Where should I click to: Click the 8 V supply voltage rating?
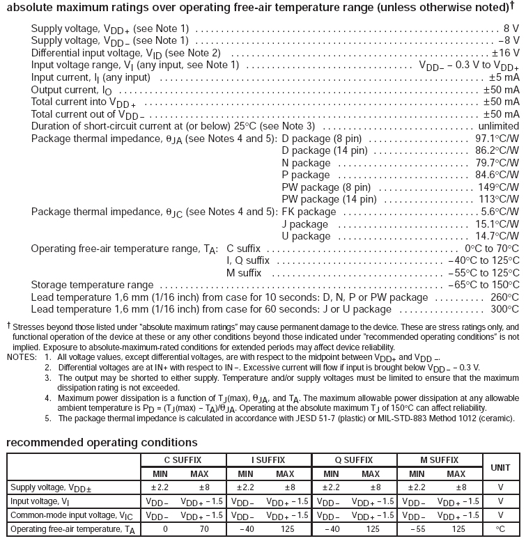pos(511,29)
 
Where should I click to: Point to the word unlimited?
pos(497,126)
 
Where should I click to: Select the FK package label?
pos(309,212)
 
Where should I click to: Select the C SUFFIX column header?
pos(183,460)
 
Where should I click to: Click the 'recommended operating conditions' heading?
pos(101,442)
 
